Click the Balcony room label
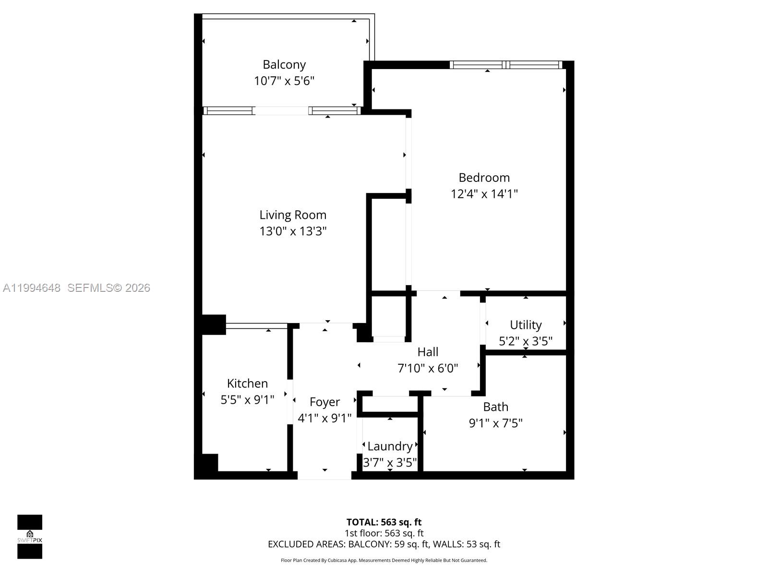point(284,64)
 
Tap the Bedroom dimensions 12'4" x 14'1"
point(484,194)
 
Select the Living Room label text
point(293,215)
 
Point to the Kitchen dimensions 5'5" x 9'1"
point(247,399)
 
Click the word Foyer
point(324,402)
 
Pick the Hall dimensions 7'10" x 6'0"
point(428,368)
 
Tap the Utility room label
point(526,325)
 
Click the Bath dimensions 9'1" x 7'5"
point(495,423)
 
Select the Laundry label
point(390,446)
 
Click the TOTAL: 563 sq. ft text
point(384,522)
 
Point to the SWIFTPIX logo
point(30,537)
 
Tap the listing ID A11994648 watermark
point(32,288)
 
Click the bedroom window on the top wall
point(506,65)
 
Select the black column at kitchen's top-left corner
point(213,324)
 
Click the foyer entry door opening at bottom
point(324,475)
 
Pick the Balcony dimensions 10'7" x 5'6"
point(284,81)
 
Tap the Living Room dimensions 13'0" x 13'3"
point(293,231)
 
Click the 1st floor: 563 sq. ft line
point(384,533)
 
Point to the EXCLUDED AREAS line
point(384,544)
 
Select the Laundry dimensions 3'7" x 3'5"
point(390,463)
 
